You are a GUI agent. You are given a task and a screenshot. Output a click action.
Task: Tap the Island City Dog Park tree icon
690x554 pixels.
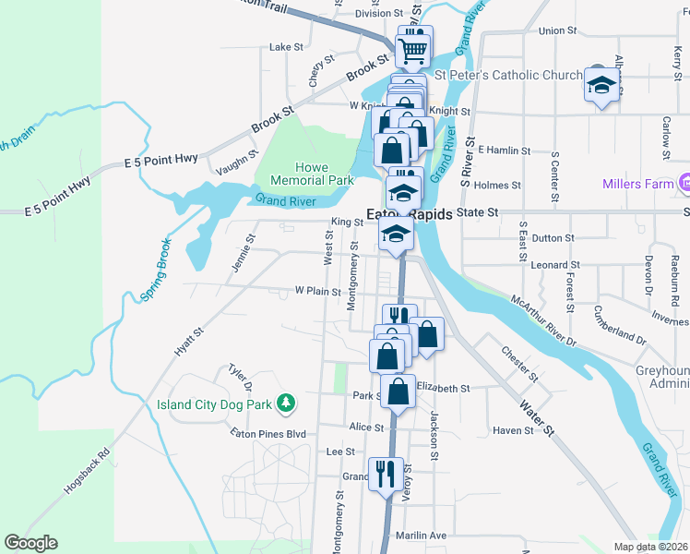coord(287,403)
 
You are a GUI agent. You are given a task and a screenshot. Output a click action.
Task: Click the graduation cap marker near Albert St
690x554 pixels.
coord(601,87)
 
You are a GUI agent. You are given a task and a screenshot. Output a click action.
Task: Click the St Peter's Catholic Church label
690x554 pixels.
coord(508,75)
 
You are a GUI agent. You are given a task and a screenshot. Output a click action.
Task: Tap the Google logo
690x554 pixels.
coord(30,543)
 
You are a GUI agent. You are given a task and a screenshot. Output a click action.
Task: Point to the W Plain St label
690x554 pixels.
coord(318,290)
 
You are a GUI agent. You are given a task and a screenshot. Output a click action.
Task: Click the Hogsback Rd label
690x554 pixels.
coord(88,472)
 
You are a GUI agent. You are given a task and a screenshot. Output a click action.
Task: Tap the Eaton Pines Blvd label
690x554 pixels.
coord(268,432)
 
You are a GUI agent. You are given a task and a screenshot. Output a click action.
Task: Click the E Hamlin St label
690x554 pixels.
coord(502,150)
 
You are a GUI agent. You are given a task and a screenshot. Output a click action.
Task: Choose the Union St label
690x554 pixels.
coord(557,30)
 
